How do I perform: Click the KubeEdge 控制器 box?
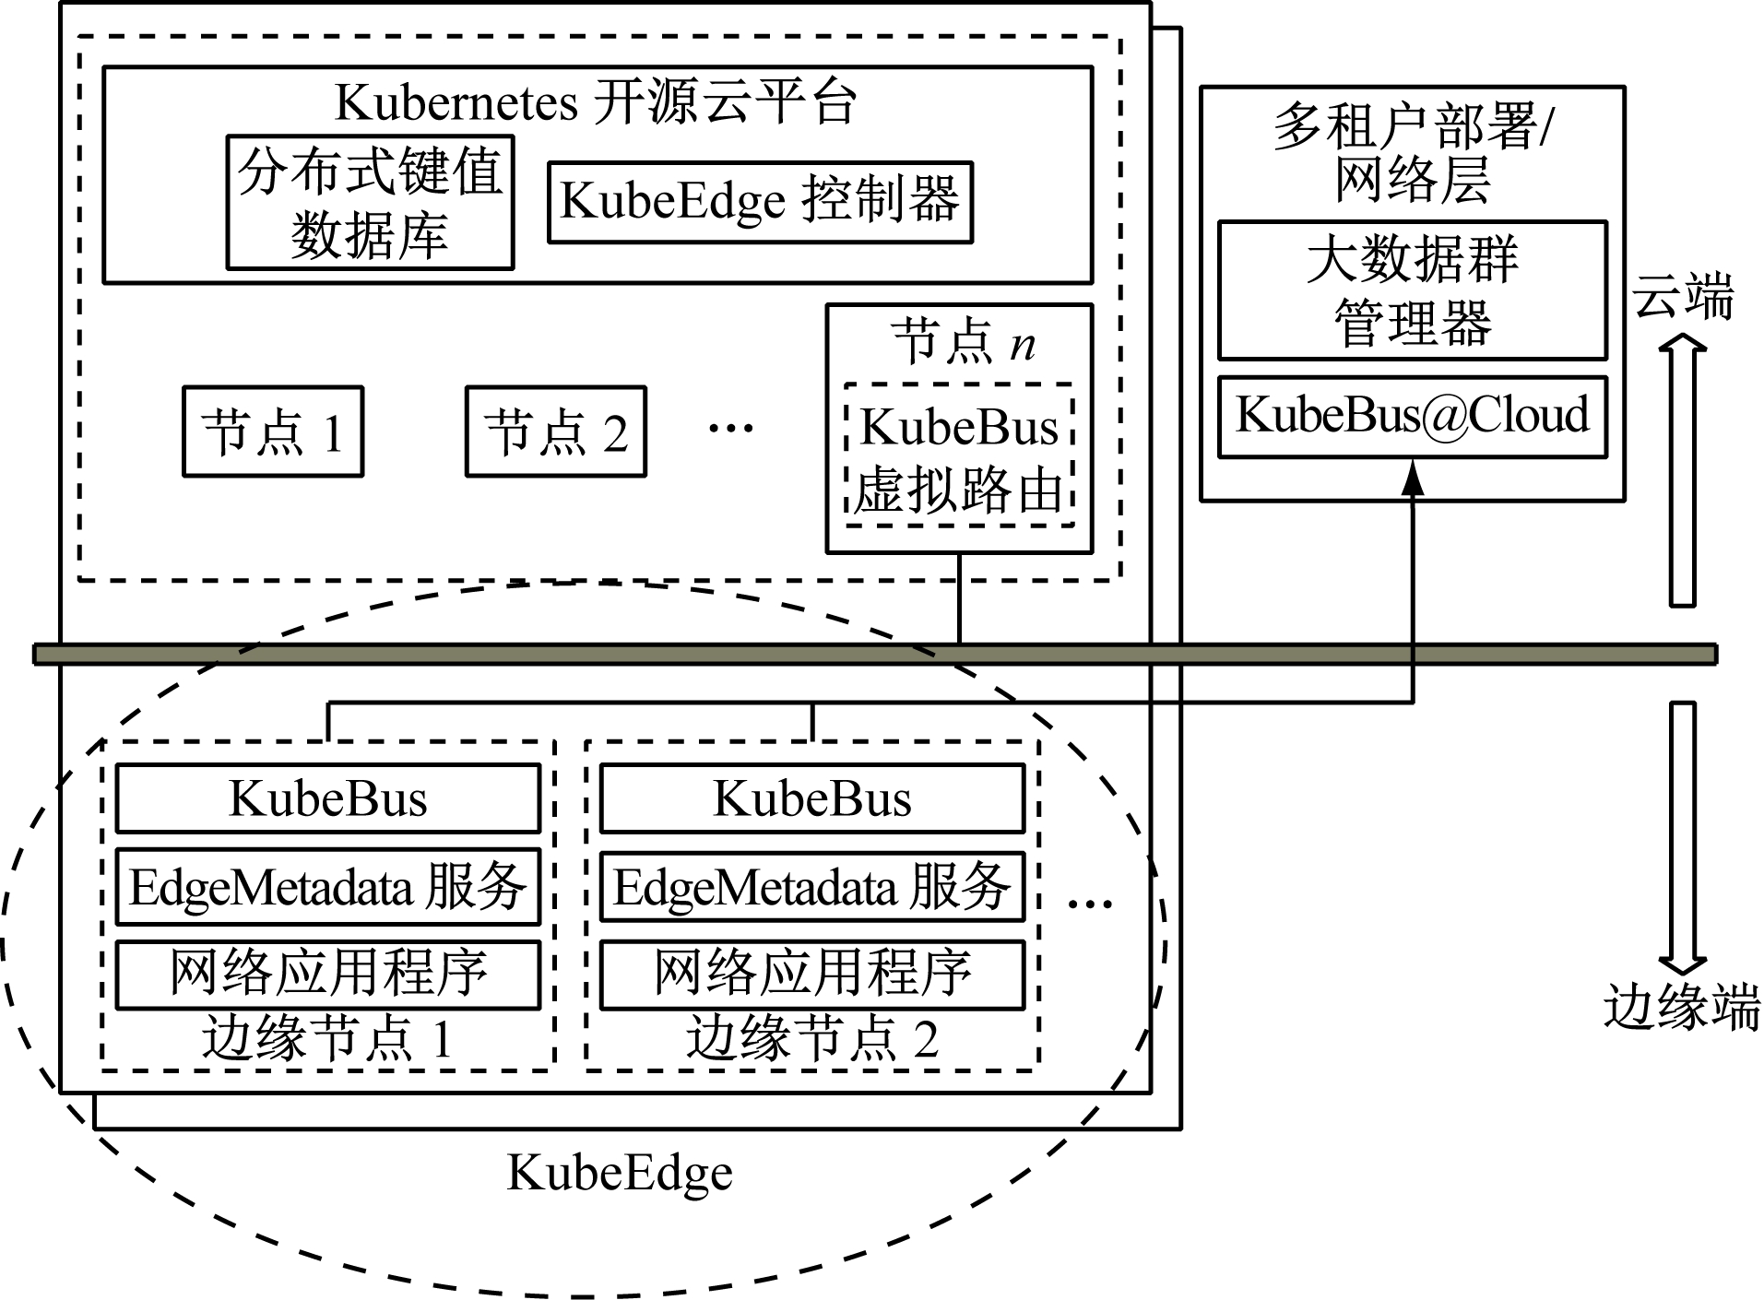pyautogui.click(x=760, y=202)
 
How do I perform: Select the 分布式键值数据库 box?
pyautogui.click(x=370, y=203)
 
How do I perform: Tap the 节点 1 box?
pyautogui.click(x=273, y=431)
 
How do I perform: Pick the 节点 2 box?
pyautogui.click(x=555, y=431)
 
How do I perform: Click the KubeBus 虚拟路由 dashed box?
pyautogui.click(x=959, y=455)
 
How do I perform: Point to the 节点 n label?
pyautogui.click(x=963, y=343)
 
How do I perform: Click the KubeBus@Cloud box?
pyautogui.click(x=1412, y=416)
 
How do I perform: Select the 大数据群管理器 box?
pyautogui.click(x=1412, y=290)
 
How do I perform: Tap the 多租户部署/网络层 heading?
pyautogui.click(x=1412, y=152)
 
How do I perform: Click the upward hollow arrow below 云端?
pyautogui.click(x=1682, y=470)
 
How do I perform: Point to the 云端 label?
pyautogui.click(x=1682, y=298)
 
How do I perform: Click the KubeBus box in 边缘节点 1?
pyautogui.click(x=327, y=798)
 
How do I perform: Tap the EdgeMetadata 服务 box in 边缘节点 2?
pyautogui.click(x=811, y=887)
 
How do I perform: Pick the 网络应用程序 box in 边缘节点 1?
pyautogui.click(x=327, y=974)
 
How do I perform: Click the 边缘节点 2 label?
pyautogui.click(x=811, y=1040)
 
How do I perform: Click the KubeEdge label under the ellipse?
pyautogui.click(x=620, y=1174)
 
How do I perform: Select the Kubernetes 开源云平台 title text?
pyautogui.click(x=596, y=101)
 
